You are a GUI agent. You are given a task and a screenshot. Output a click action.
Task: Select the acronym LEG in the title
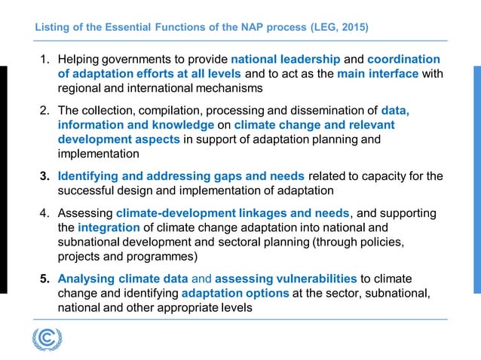point(323,28)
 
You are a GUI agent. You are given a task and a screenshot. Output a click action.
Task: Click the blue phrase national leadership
point(286,59)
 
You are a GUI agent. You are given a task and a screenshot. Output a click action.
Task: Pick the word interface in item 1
point(394,73)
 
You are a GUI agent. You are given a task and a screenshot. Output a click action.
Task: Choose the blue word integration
point(109,227)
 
